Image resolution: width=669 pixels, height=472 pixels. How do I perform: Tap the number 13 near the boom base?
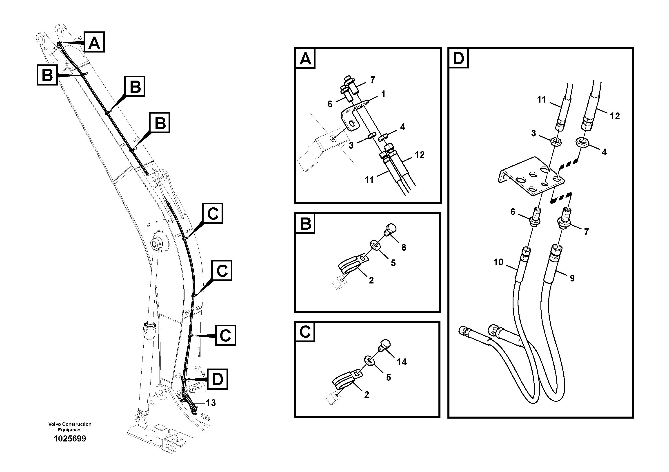[x=211, y=403]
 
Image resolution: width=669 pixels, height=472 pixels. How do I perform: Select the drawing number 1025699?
[x=70, y=439]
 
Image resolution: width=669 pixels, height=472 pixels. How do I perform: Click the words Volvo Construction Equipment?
[x=70, y=427]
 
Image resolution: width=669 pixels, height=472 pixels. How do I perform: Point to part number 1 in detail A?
[x=383, y=94]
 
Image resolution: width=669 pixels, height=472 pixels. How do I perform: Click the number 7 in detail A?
[x=372, y=80]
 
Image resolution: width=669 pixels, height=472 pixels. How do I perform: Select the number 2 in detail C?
[x=367, y=395]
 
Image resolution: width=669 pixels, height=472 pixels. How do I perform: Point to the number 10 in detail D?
[x=498, y=262]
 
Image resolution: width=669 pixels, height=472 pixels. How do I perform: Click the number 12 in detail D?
[x=615, y=116]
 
